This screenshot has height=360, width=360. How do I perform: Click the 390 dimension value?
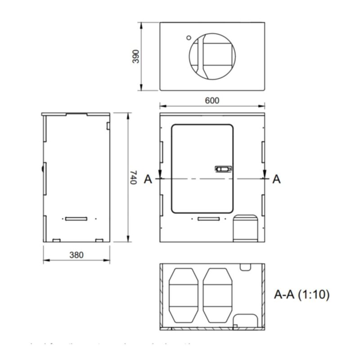click(x=136, y=56)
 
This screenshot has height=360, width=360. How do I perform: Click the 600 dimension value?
click(x=212, y=100)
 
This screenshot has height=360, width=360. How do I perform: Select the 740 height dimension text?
click(x=134, y=178)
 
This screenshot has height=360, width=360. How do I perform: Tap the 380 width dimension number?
click(x=76, y=255)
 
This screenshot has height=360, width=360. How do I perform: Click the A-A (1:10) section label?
click(x=302, y=295)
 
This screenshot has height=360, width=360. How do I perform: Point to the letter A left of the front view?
click(x=147, y=179)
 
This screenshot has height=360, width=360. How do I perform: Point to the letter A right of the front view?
click(x=276, y=179)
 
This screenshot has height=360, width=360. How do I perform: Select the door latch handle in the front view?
click(x=223, y=169)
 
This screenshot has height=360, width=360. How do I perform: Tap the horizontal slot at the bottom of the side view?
click(x=76, y=219)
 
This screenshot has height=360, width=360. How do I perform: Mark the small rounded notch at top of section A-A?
click(x=245, y=267)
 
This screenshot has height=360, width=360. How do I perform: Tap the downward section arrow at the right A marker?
click(x=264, y=173)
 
